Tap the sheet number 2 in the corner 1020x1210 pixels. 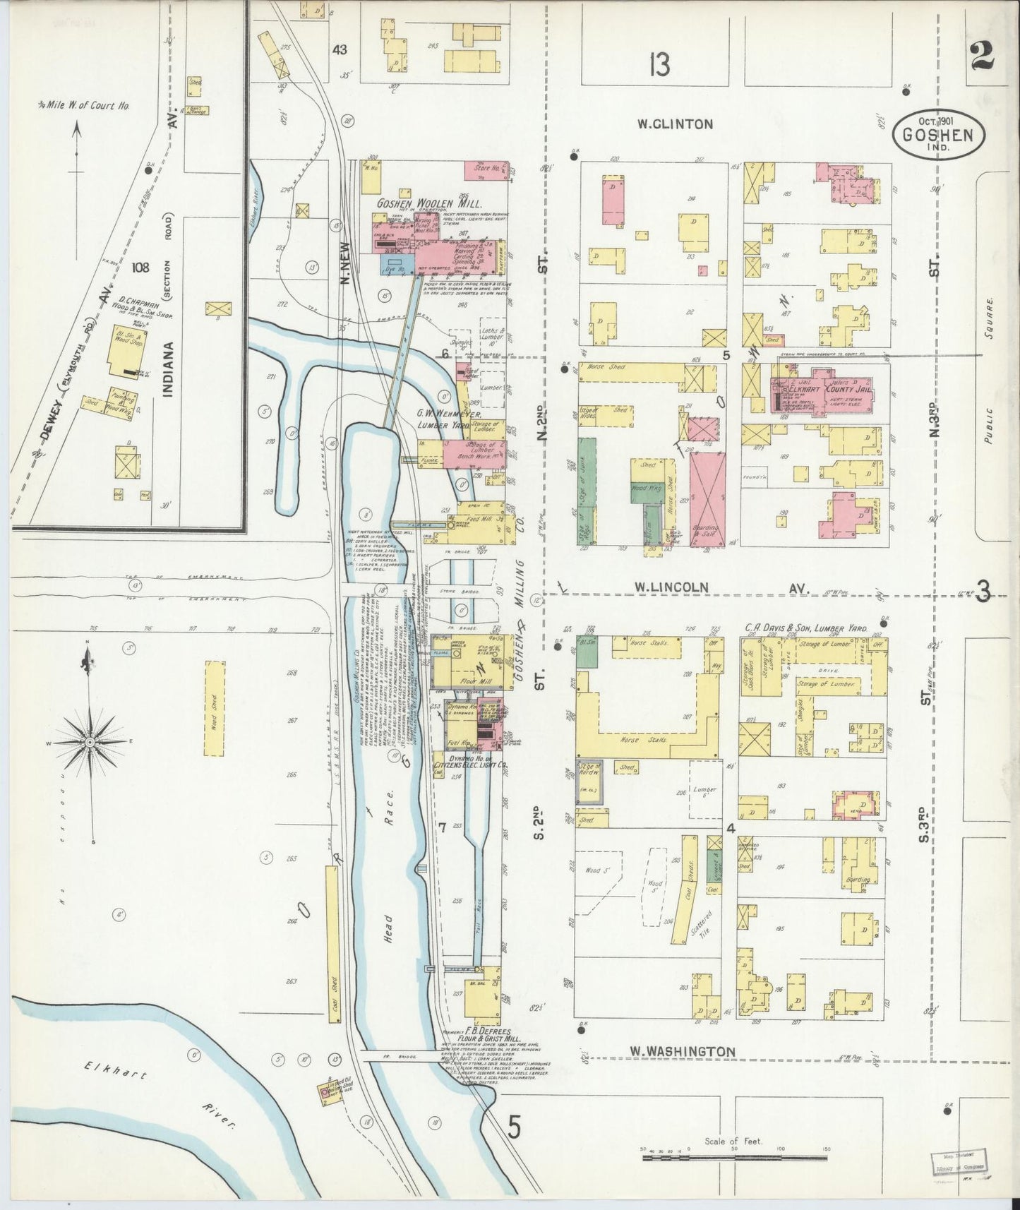[982, 56]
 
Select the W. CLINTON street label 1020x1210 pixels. [674, 124]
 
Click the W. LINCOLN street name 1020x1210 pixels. [671, 587]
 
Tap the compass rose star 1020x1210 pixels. [90, 743]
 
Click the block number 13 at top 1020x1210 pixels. [660, 65]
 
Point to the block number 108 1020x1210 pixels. [140, 268]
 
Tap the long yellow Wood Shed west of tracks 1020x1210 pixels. [210, 708]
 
